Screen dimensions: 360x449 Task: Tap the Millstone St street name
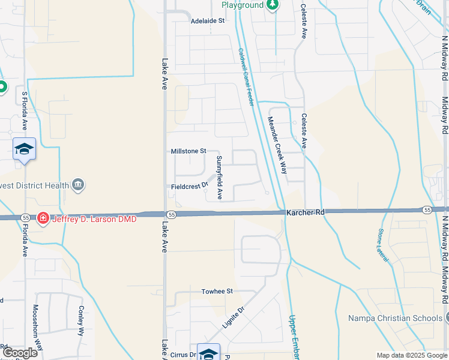[x=188, y=151]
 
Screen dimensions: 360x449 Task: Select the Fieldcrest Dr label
[x=188, y=186]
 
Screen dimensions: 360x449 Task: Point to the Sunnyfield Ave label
[x=220, y=178]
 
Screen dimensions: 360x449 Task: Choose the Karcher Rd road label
[x=305, y=212]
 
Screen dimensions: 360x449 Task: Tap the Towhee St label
[x=217, y=291]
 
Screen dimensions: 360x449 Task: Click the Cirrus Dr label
[x=184, y=355]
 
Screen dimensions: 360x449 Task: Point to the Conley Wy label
[x=81, y=321]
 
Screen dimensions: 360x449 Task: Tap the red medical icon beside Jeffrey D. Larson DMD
[x=43, y=218]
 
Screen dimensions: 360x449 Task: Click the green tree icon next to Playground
[x=273, y=5]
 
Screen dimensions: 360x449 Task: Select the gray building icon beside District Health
[x=78, y=185]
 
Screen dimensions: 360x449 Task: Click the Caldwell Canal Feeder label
[x=246, y=78]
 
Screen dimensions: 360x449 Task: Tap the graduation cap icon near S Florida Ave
[x=24, y=149]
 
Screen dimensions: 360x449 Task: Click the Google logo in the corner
[x=20, y=353]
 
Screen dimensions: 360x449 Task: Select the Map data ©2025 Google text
[x=412, y=355]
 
